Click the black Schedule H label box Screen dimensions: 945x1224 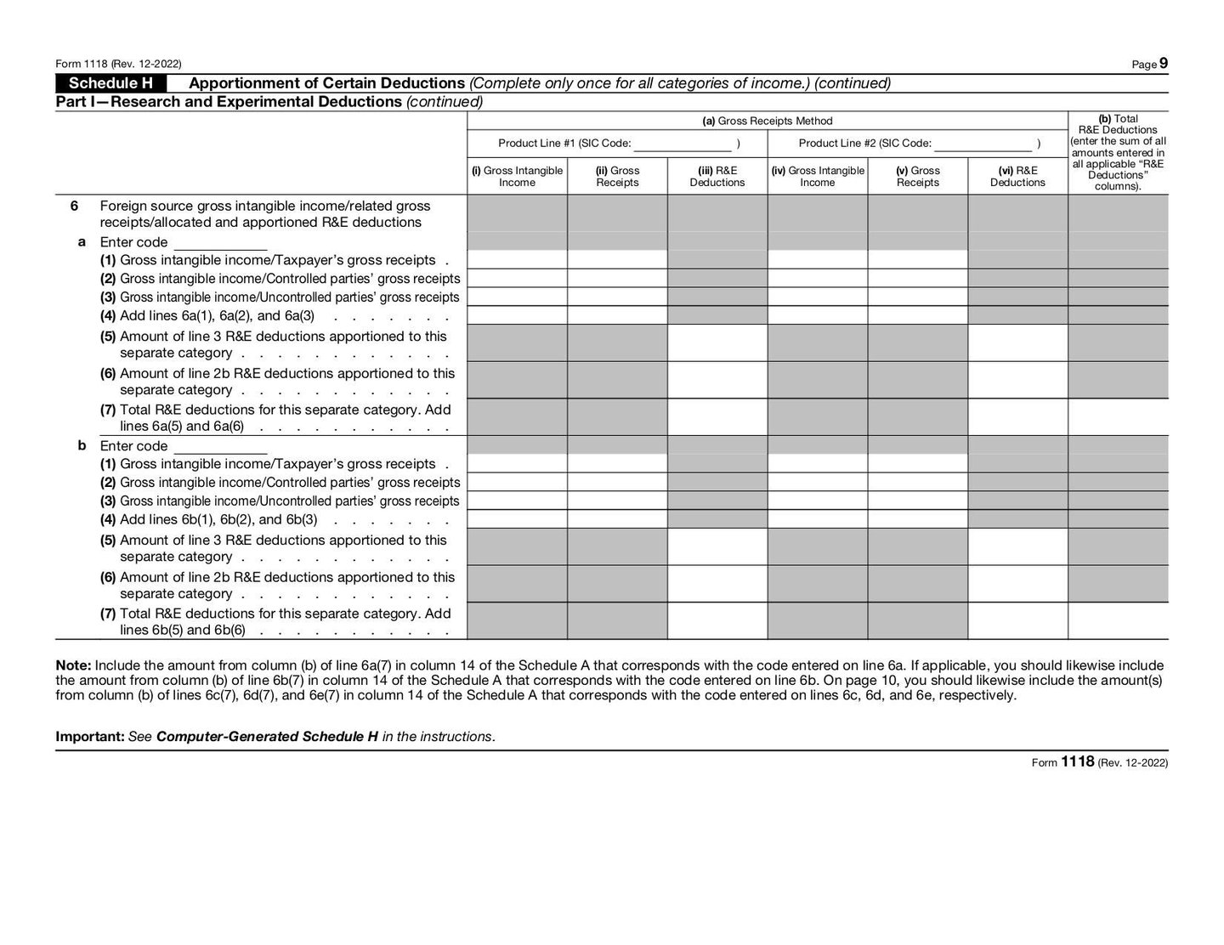click(x=110, y=83)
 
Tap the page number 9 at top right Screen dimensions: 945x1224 click(x=1163, y=63)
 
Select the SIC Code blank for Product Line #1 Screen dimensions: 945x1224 click(x=683, y=144)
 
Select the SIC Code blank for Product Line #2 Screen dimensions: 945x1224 click(x=983, y=144)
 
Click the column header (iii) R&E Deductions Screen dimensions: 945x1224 click(x=717, y=177)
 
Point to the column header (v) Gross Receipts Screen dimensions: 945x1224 click(x=917, y=177)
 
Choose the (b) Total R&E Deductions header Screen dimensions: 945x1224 click(x=1118, y=153)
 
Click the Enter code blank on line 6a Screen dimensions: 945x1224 click(x=220, y=243)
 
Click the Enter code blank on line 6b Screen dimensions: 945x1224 click(x=220, y=447)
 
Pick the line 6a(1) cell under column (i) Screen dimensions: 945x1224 click(x=517, y=259)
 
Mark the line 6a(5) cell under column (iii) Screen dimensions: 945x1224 click(x=717, y=343)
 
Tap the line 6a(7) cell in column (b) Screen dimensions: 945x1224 click(x=1118, y=417)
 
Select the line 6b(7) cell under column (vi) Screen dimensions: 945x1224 click(x=1017, y=621)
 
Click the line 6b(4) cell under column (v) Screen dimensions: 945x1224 click(x=917, y=519)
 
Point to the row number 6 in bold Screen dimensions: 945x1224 click(x=74, y=206)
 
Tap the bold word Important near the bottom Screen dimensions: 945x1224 click(x=89, y=737)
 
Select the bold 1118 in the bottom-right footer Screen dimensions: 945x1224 click(x=1077, y=762)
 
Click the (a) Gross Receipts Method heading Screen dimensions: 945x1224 click(x=767, y=121)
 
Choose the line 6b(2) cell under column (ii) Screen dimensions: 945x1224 click(x=617, y=482)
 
